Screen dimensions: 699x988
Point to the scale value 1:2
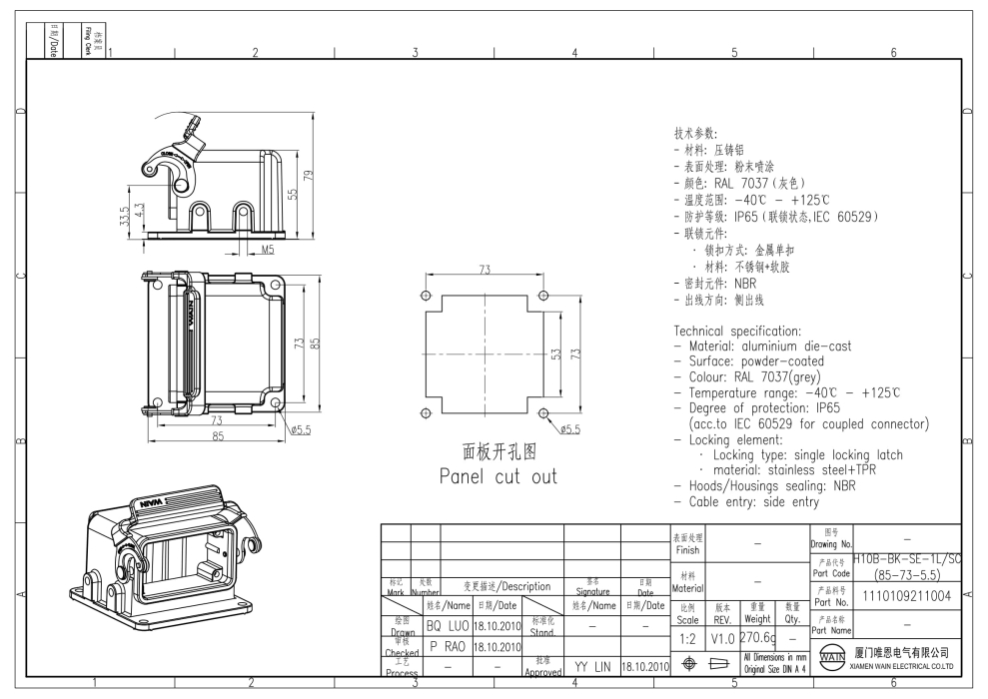click(687, 637)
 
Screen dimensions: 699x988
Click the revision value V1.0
click(721, 637)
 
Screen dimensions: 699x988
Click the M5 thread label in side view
click(268, 249)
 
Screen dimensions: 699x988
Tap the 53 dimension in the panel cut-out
click(557, 353)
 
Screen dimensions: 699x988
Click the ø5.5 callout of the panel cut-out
click(570, 429)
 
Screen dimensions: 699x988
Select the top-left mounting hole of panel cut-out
click(426, 296)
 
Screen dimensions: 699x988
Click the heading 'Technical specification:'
click(737, 332)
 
